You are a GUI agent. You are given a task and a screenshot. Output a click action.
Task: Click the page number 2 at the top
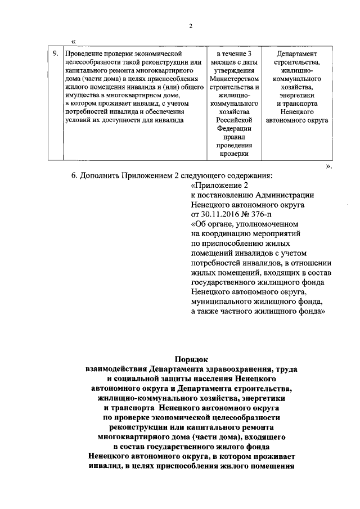tap(191, 26)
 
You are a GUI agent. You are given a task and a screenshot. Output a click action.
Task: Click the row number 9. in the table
tap(55, 53)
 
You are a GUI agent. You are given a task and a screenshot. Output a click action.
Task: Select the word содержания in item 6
tap(247, 175)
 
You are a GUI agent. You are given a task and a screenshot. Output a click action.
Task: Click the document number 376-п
tap(260, 214)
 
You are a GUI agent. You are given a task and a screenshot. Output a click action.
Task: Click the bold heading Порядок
tap(191, 359)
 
